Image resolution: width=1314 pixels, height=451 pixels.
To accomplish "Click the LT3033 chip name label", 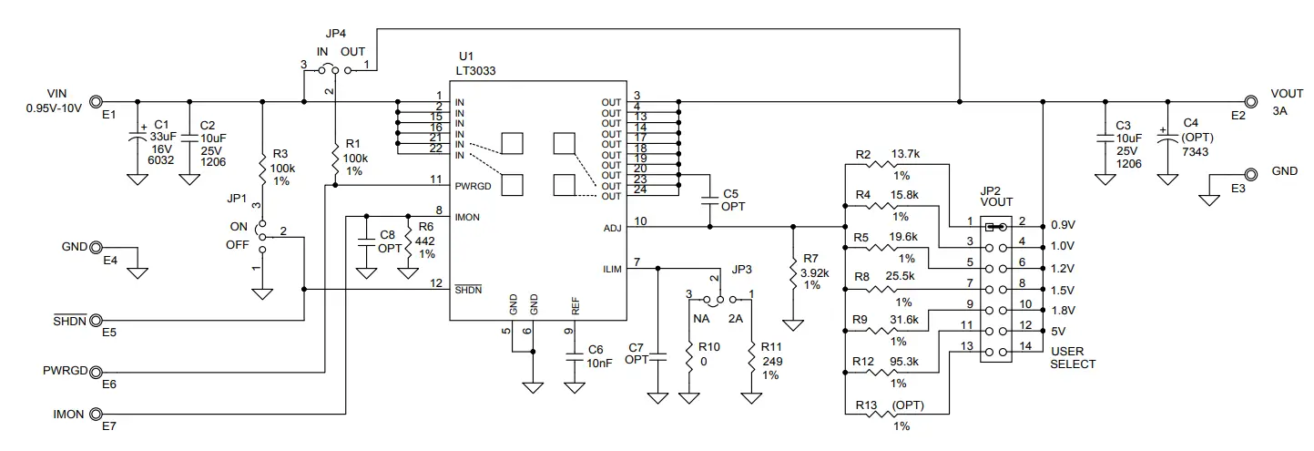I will point(477,70).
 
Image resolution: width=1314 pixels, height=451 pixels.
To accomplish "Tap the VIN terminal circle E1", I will point(95,102).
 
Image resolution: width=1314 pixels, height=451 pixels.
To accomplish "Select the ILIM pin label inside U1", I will point(611,269).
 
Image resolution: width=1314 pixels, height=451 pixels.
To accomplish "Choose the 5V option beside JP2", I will point(1058,331).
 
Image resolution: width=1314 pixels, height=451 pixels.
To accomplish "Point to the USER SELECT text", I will point(1073,357).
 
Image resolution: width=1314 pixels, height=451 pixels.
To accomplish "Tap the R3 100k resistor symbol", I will point(262,169).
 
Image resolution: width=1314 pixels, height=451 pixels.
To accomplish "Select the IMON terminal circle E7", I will point(95,414).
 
